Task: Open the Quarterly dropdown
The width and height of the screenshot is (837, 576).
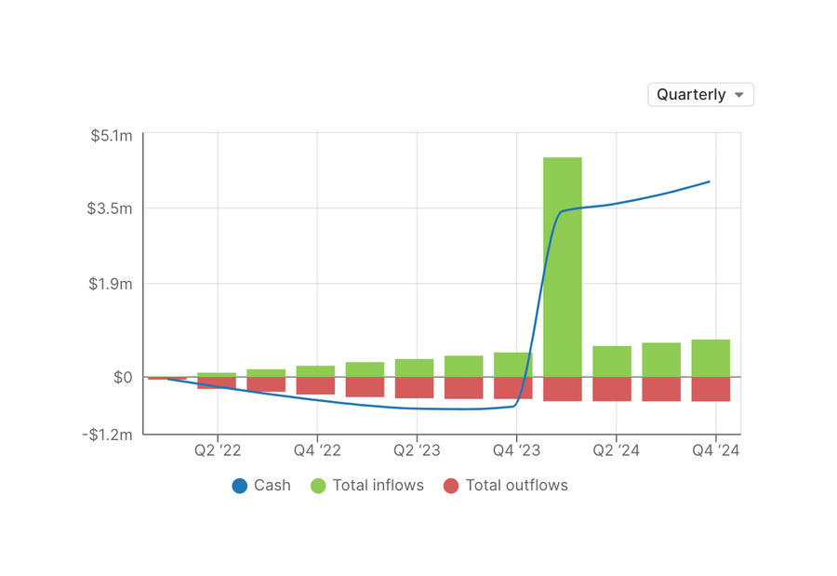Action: tap(700, 95)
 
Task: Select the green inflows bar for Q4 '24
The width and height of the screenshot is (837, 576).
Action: tap(711, 358)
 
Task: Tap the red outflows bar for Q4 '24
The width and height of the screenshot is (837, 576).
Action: tap(711, 389)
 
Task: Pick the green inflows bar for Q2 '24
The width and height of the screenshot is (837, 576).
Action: tap(612, 361)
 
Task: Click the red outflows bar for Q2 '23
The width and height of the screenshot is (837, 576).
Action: tap(414, 388)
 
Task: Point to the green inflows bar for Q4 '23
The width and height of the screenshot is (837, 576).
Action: tap(512, 365)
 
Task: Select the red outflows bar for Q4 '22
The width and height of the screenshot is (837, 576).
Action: tap(315, 385)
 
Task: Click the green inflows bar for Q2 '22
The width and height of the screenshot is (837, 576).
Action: tap(216, 374)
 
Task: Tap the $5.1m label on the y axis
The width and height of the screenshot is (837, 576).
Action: tap(112, 136)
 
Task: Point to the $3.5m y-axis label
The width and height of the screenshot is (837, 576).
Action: tap(112, 208)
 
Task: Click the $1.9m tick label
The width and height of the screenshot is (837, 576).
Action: tap(112, 284)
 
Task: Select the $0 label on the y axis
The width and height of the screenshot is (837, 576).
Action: tap(123, 378)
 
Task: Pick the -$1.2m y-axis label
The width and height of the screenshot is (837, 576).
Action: tap(109, 435)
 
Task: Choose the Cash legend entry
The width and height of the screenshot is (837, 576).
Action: tap(261, 486)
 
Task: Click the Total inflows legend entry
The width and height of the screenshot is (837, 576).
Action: tap(366, 486)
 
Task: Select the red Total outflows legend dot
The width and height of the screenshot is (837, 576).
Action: tap(451, 486)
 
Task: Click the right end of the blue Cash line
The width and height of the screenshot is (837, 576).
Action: tap(710, 181)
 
